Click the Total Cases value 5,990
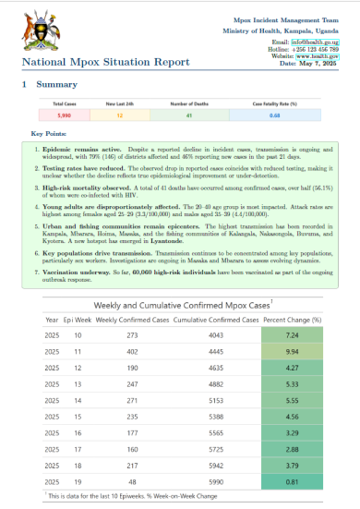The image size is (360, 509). [x=64, y=115]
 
